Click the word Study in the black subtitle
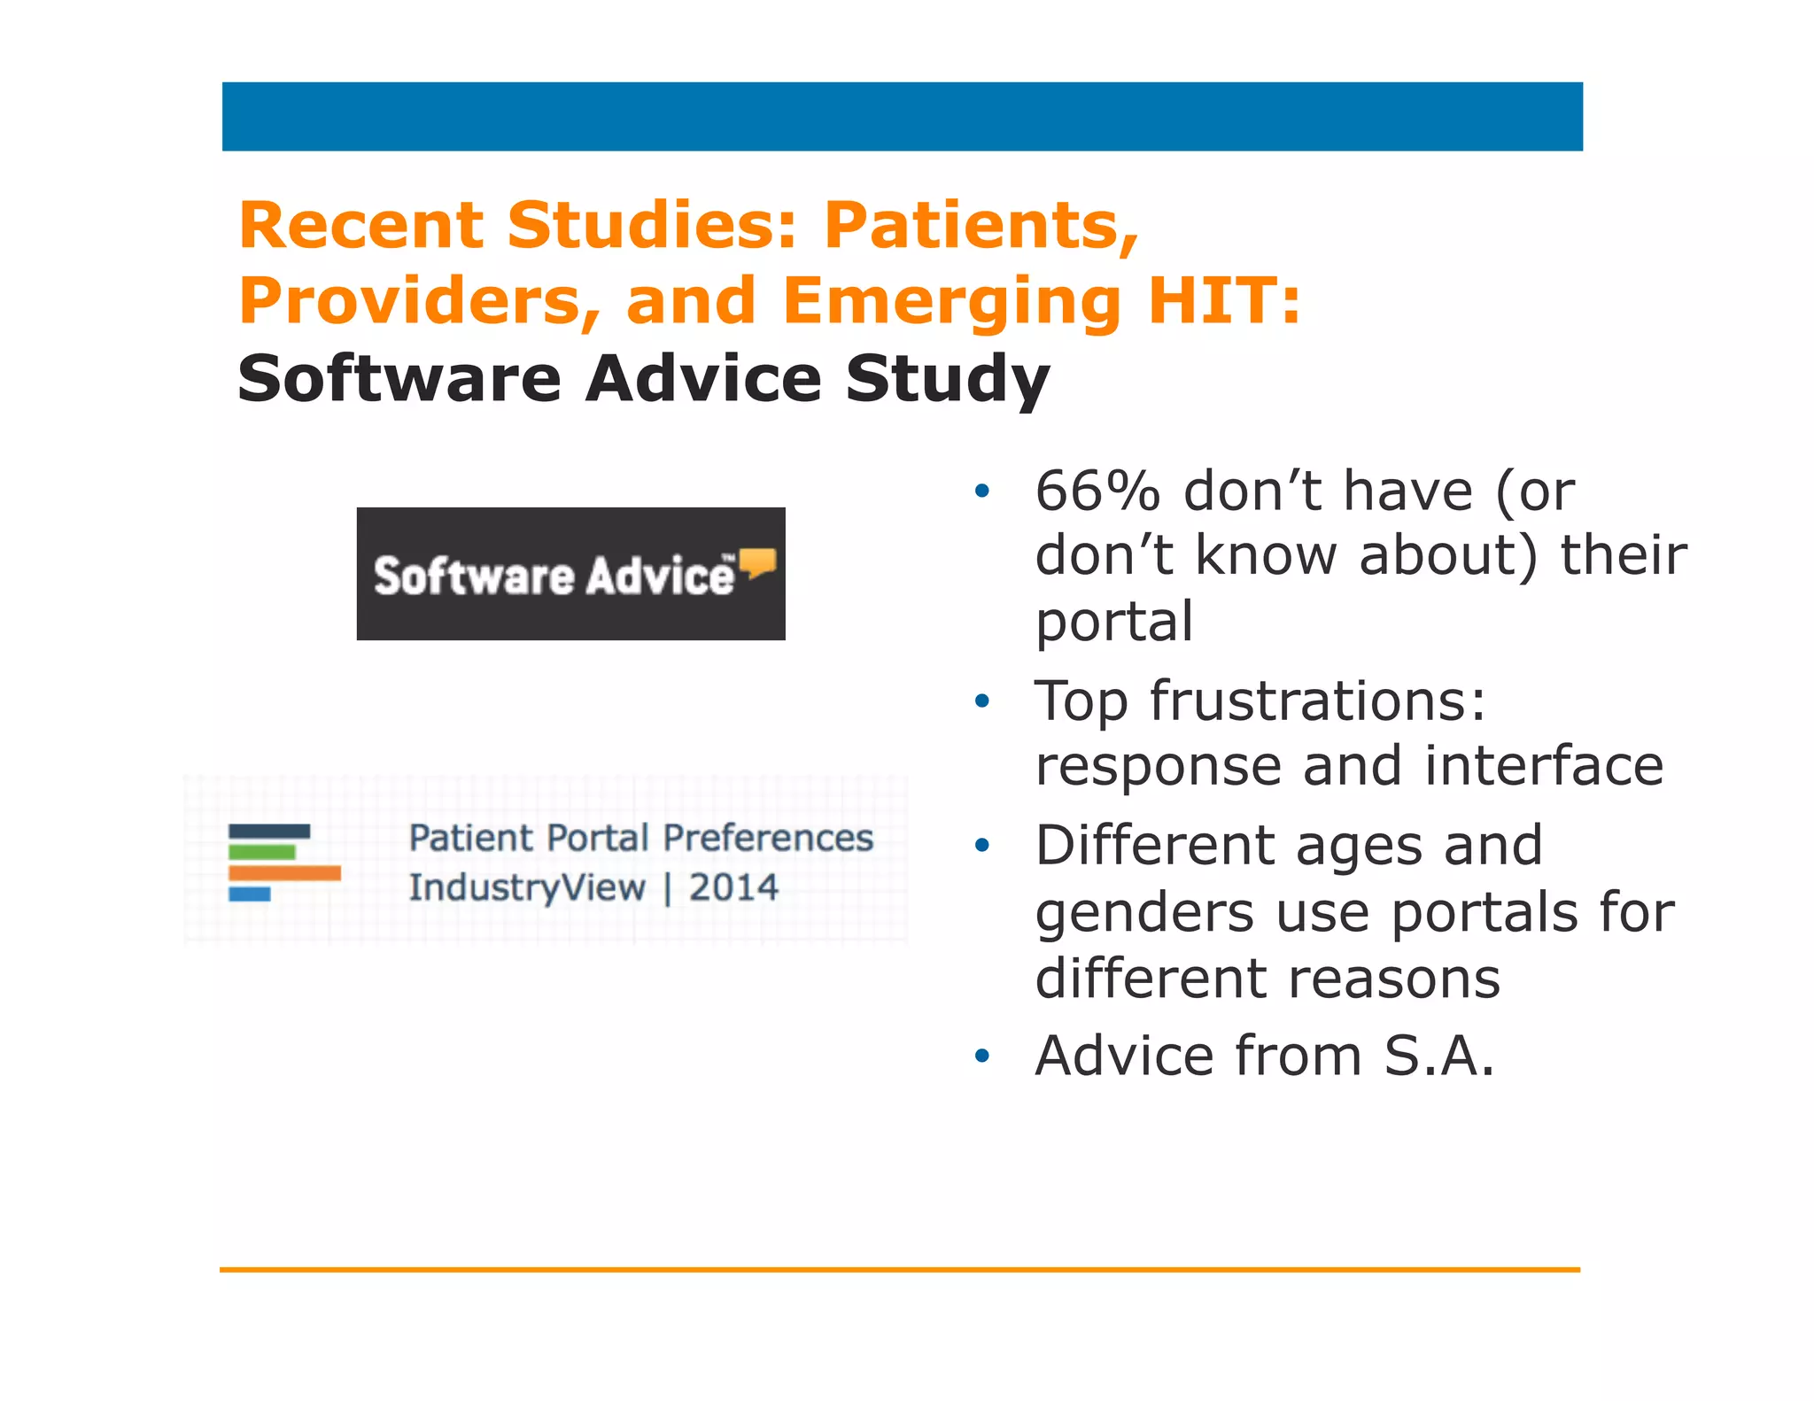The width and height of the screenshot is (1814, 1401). pos(947,379)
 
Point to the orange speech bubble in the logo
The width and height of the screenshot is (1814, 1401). pos(758,562)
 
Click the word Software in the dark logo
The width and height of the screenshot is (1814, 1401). pos(474,576)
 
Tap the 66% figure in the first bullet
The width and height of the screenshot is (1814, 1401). pos(1097,492)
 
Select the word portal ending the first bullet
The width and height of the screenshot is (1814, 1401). pos(1114,622)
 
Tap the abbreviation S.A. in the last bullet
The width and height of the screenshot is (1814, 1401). pos(1440,1057)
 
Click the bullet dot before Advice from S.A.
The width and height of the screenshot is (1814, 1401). pos(981,1057)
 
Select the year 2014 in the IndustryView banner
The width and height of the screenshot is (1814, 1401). pos(733,887)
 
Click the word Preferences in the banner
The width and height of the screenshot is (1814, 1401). pos(768,838)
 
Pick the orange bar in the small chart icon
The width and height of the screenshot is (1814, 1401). pos(284,873)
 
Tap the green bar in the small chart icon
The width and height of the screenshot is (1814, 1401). pos(261,852)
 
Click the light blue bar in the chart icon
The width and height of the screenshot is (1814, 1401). pos(249,894)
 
